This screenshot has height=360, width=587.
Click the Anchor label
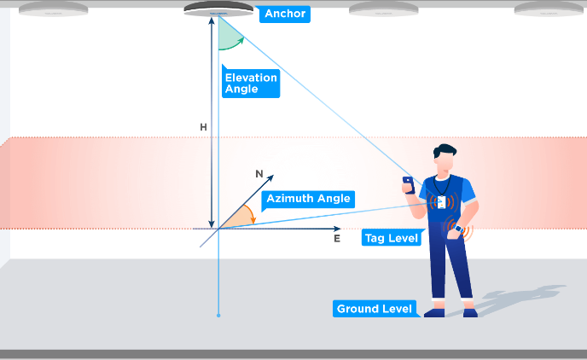click(285, 14)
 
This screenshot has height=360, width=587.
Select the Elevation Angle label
click(251, 83)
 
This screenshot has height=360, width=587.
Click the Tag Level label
click(392, 238)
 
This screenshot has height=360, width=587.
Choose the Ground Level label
click(375, 309)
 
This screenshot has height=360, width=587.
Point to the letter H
click(203, 127)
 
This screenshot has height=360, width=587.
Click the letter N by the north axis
click(259, 173)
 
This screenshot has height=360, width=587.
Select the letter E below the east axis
click(337, 239)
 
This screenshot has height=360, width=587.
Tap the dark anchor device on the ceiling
click(219, 9)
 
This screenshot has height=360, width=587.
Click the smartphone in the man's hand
click(408, 183)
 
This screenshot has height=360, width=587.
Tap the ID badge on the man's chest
click(441, 203)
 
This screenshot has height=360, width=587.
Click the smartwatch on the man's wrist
click(458, 229)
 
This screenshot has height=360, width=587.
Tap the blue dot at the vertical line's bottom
click(219, 316)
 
